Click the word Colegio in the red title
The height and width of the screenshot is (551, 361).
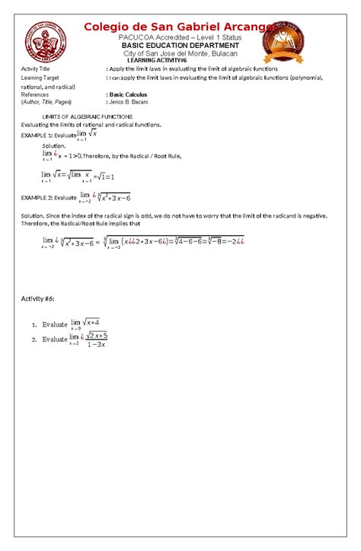click(111, 27)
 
